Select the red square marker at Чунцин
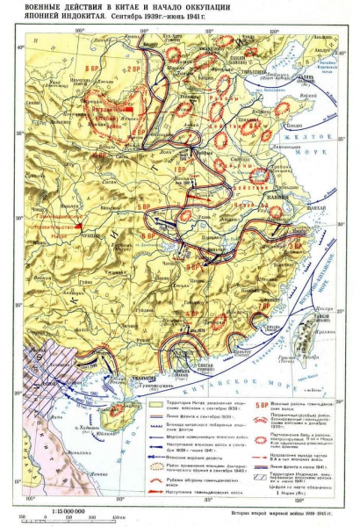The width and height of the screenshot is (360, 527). pyautogui.click(x=79, y=226)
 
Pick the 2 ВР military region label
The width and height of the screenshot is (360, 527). pyautogui.click(x=133, y=69)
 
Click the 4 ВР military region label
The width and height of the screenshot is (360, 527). pyautogui.click(x=191, y=314)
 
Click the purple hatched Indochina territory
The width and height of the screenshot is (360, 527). pyautogui.click(x=44, y=369)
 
